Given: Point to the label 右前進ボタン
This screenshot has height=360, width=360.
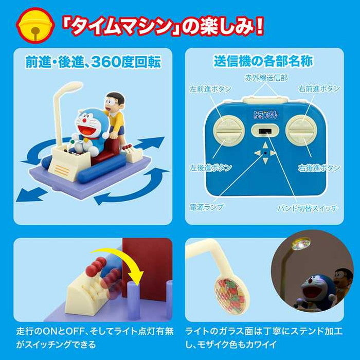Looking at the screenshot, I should pyautogui.click(x=319, y=88).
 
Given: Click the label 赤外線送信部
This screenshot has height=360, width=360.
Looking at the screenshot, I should pyautogui.click(x=265, y=78).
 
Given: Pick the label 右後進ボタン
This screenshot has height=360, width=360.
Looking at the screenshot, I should pyautogui.click(x=319, y=168).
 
